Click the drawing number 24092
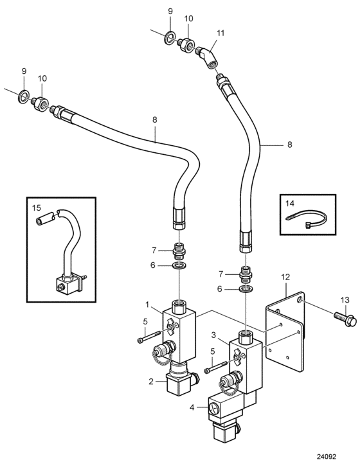coord(327,457)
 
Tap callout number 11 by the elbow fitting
coord(221,33)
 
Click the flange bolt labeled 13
coord(345,319)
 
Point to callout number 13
coord(345,300)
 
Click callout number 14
coord(290,204)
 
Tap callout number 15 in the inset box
coord(37,208)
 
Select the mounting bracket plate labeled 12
coord(286,332)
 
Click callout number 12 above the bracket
coord(285,277)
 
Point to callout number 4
coord(192,407)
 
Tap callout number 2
coord(151,381)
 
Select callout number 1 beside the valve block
coord(147,305)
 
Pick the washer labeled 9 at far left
coord(23,95)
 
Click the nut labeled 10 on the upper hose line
coord(186,44)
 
